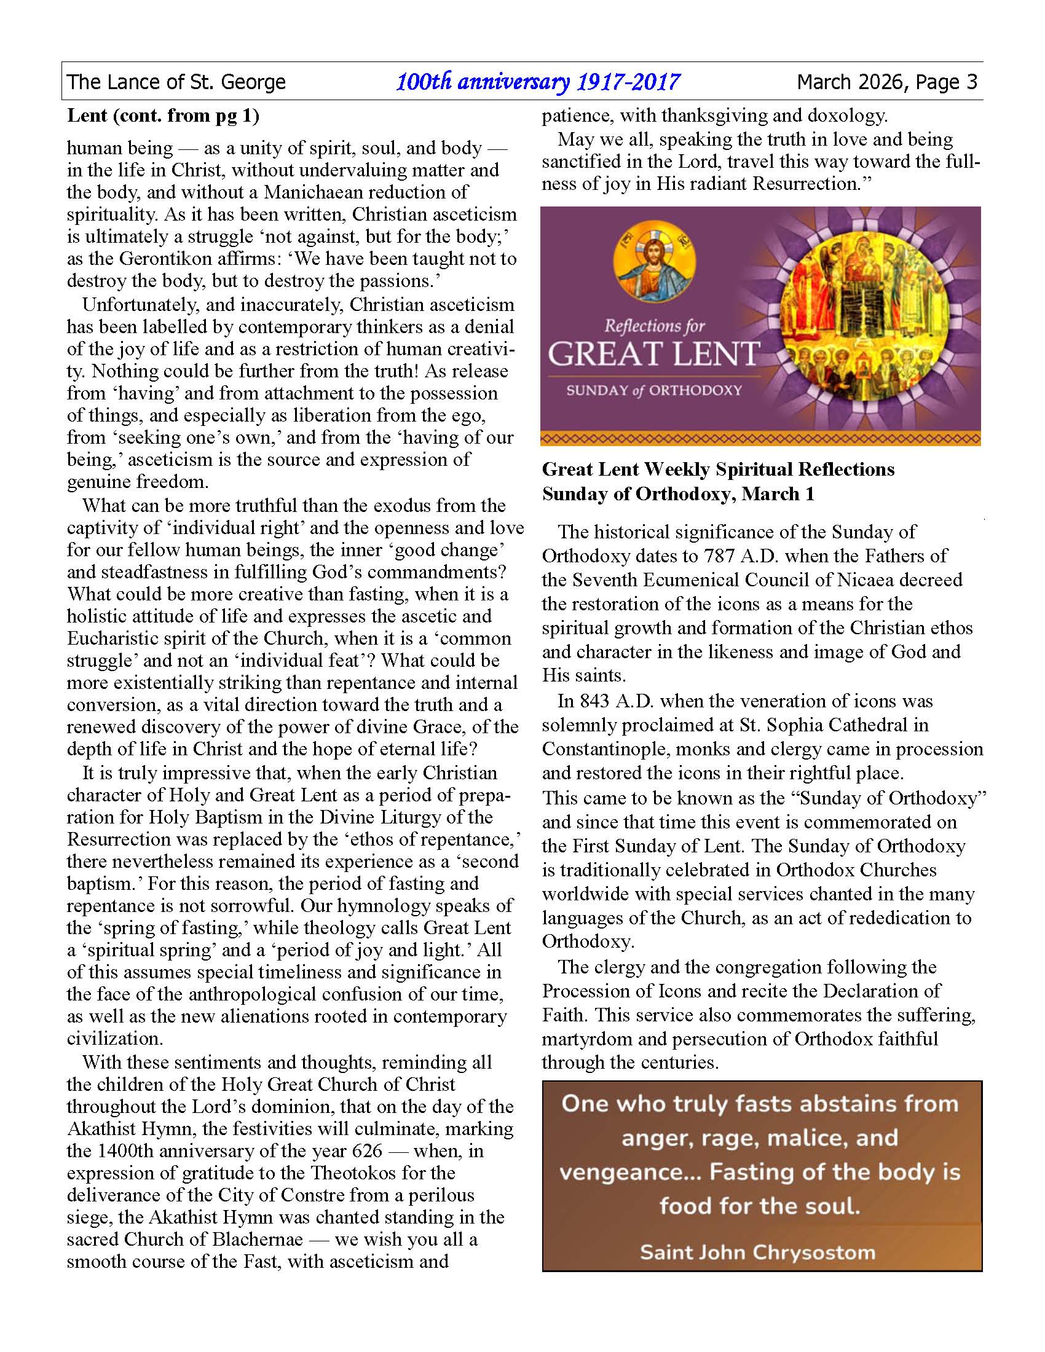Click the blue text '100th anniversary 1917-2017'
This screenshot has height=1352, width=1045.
coord(537,82)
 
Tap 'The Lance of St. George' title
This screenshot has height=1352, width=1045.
coord(176,82)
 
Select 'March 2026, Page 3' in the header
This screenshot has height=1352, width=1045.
coord(886,82)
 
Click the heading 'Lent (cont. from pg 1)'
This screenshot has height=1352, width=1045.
coord(163,116)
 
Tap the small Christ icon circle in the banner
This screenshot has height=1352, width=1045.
coord(655,262)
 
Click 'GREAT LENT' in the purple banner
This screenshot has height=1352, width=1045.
coord(653,353)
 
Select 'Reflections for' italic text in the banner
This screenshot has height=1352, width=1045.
coord(655,326)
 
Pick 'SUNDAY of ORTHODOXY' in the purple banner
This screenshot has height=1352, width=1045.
coord(654,391)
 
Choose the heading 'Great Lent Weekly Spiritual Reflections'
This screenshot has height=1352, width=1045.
coord(718,470)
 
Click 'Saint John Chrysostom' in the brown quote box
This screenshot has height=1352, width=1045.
coord(758,1252)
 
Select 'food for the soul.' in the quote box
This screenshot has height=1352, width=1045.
coord(760,1206)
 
